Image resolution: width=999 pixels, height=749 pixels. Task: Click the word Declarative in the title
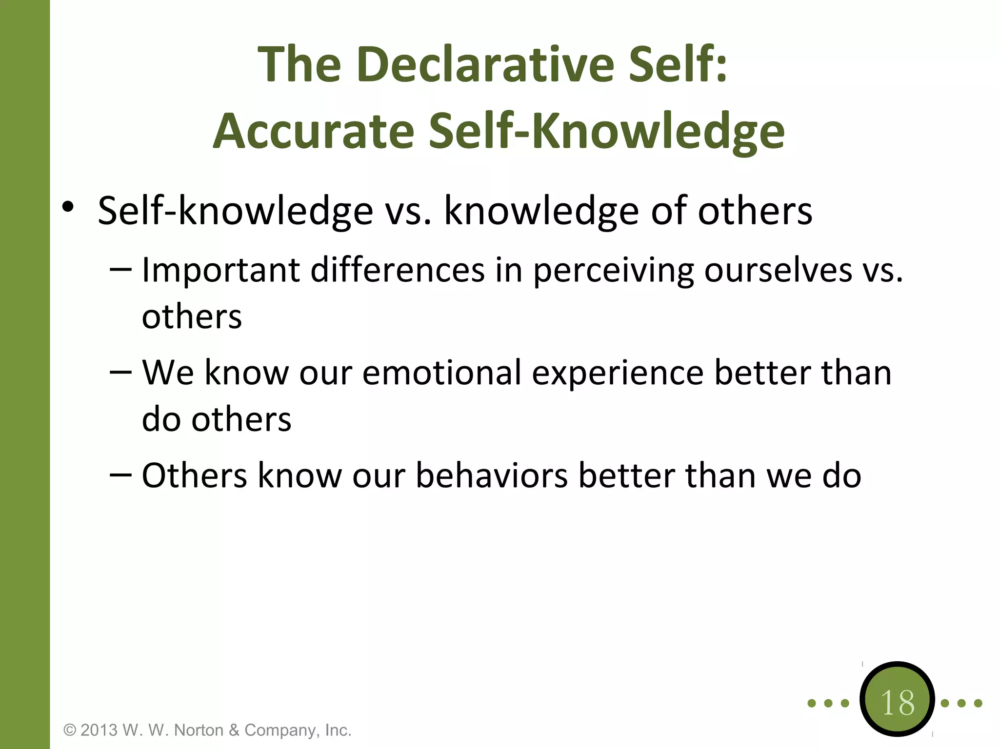click(485, 64)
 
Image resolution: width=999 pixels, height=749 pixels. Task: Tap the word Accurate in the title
click(314, 131)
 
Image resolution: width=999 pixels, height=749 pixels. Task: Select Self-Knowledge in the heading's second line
click(607, 131)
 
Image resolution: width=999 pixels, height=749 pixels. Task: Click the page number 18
click(898, 703)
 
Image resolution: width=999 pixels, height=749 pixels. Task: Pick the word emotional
click(442, 373)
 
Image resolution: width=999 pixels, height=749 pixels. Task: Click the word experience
click(618, 373)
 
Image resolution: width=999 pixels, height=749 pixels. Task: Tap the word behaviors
click(492, 475)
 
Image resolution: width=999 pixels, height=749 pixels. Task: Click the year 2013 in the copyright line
click(99, 730)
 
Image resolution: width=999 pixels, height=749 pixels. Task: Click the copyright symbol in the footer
click(70, 730)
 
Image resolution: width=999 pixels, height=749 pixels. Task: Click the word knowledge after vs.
click(541, 211)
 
